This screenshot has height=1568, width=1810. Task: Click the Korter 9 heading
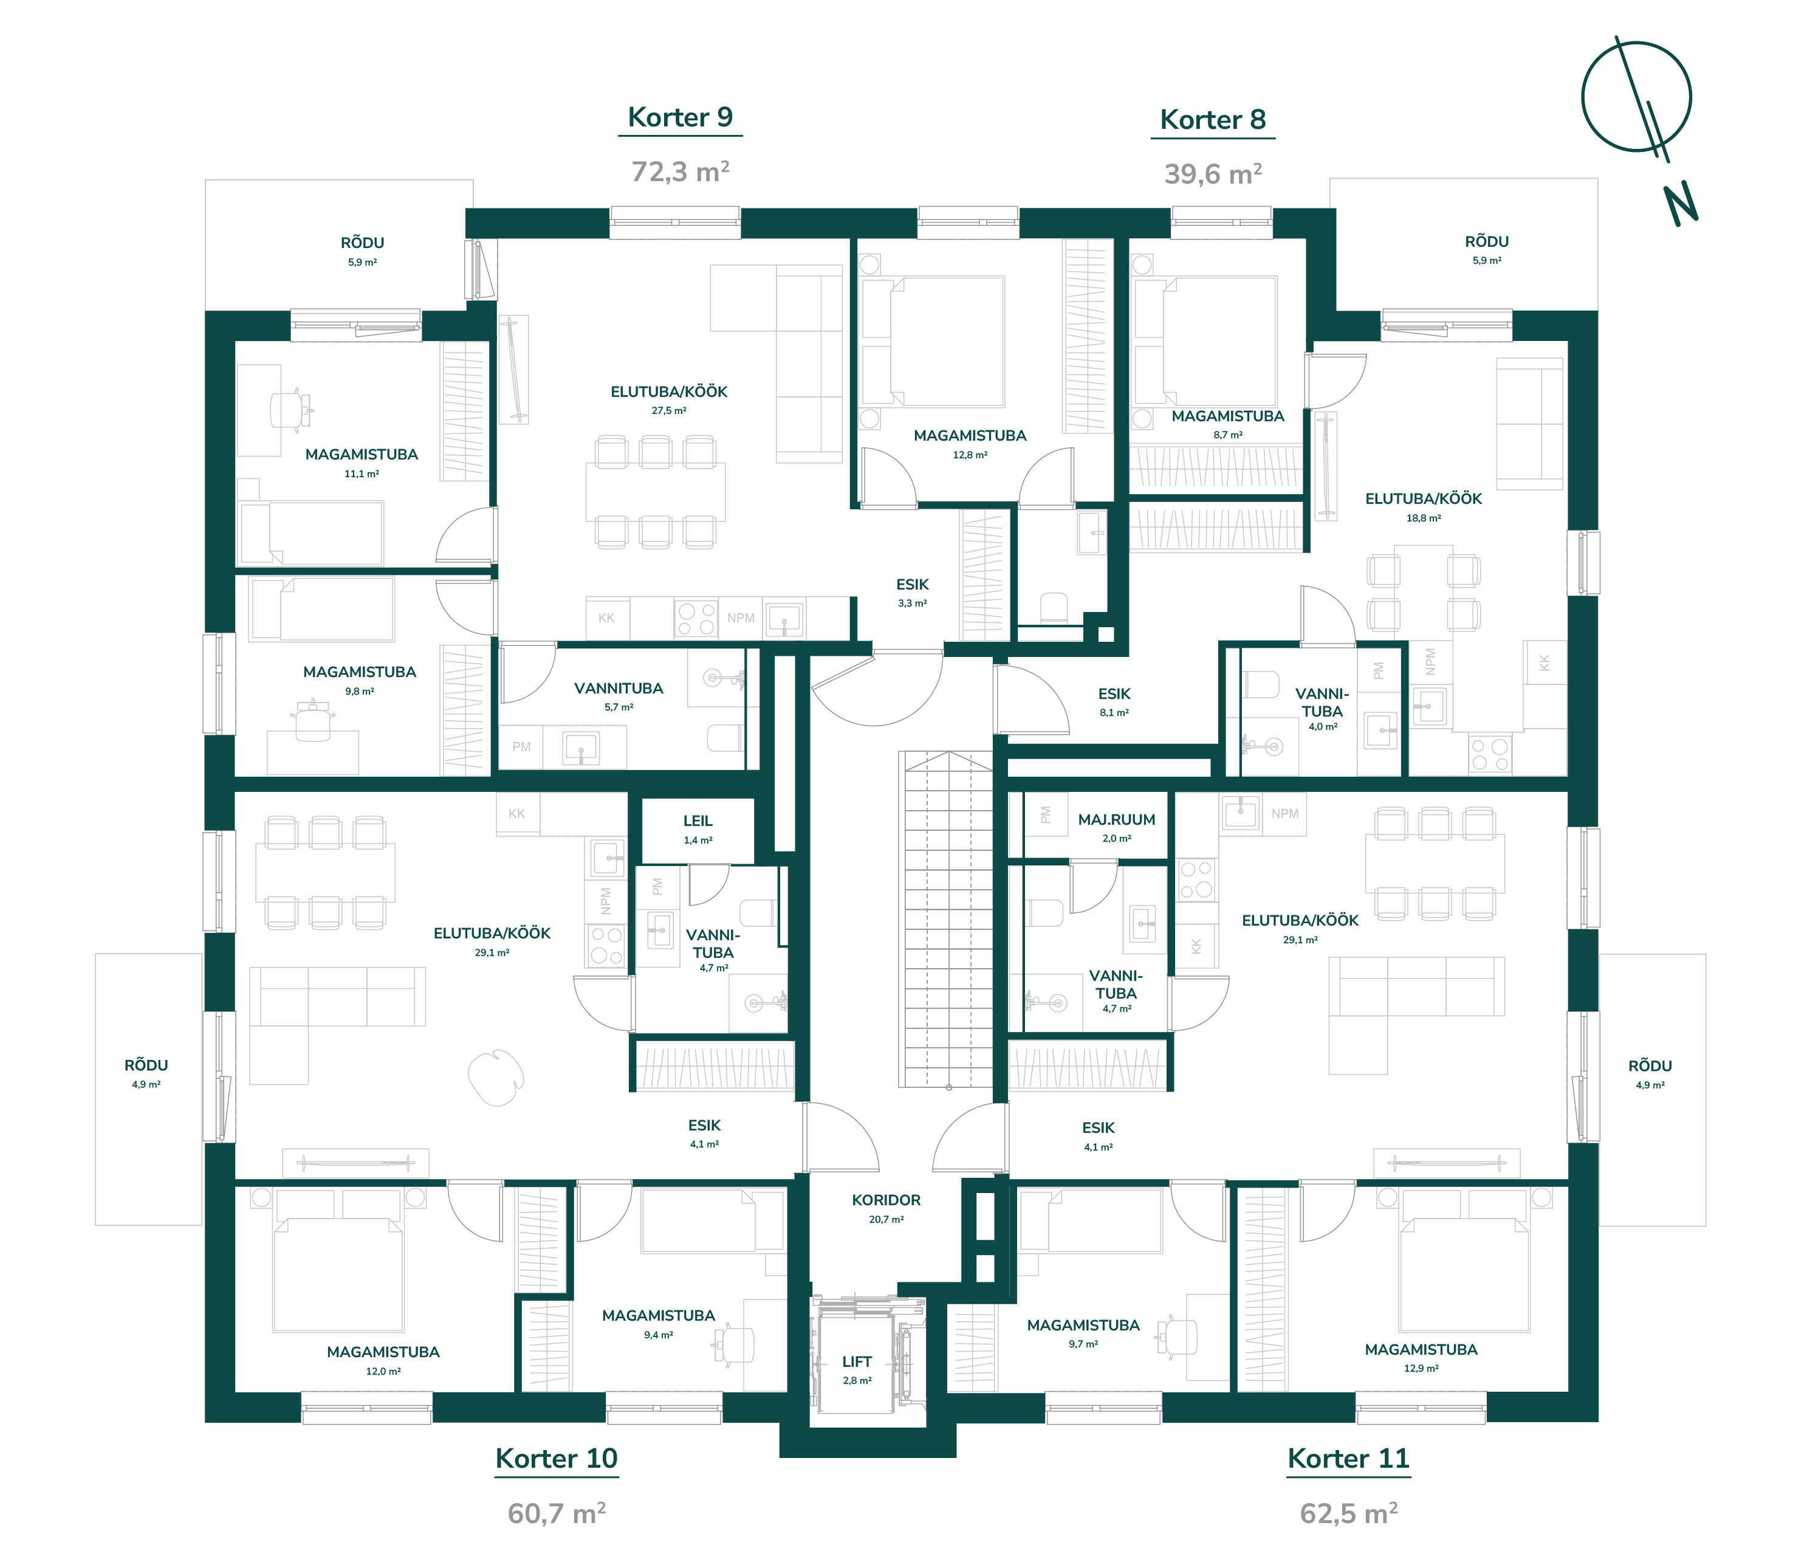(x=680, y=117)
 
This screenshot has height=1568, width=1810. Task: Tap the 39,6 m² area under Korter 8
(x=1213, y=174)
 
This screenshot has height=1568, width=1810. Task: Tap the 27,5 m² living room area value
(x=668, y=410)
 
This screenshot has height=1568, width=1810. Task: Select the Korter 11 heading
(x=1348, y=1459)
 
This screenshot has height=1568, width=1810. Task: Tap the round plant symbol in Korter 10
(x=496, y=1077)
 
